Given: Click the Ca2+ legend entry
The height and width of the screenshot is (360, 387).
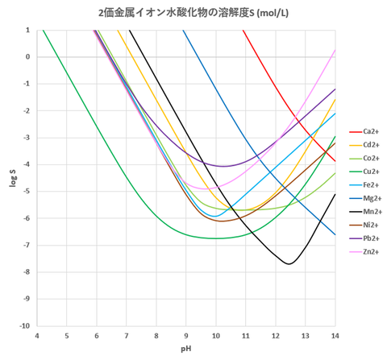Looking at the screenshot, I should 371,131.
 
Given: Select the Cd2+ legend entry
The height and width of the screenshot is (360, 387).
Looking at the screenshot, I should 371,144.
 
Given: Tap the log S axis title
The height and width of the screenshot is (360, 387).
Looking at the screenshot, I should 10,179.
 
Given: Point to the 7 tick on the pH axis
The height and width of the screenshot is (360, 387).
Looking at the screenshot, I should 127,336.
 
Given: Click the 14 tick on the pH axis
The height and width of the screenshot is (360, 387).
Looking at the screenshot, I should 335,336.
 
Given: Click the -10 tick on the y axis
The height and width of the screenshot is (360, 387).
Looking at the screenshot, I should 26,326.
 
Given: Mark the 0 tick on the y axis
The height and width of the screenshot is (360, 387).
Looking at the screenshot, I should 28,57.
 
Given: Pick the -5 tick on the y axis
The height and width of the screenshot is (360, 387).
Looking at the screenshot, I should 27,192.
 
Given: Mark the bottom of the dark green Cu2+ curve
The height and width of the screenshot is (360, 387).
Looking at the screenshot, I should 214,238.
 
